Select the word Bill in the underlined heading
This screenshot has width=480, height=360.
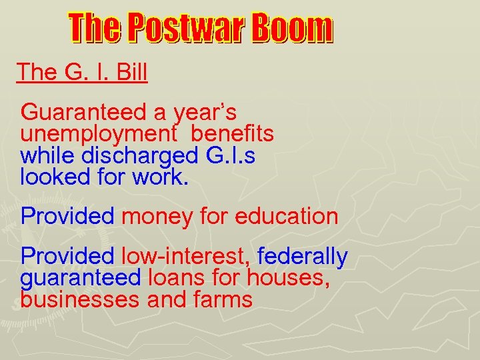pos(131,72)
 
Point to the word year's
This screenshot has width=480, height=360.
pos(204,112)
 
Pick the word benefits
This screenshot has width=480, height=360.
pos(232,134)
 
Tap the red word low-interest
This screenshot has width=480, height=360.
pos(186,257)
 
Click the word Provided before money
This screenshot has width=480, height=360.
pos(68,217)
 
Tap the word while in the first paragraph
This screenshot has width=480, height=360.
pos(48,156)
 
